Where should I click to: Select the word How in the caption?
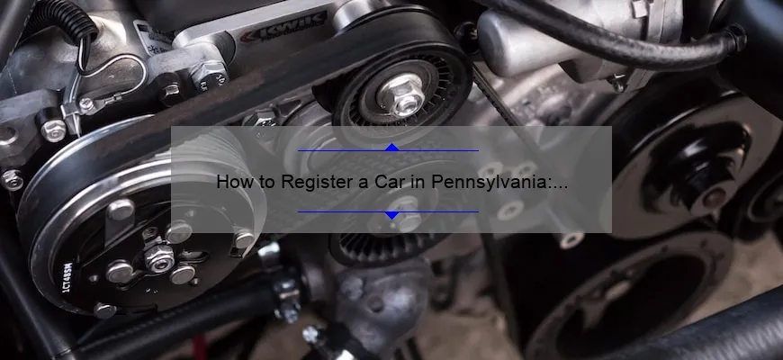coord(233,182)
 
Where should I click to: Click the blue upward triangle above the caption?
coord(392,148)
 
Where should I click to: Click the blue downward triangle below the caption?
coord(392,215)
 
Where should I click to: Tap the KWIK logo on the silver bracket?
coord(283,29)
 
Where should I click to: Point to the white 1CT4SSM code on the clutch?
coord(67,277)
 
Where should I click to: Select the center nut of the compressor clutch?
coord(158,258)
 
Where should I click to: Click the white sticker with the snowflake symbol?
coord(152,37)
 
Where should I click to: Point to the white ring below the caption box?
coord(571,240)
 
